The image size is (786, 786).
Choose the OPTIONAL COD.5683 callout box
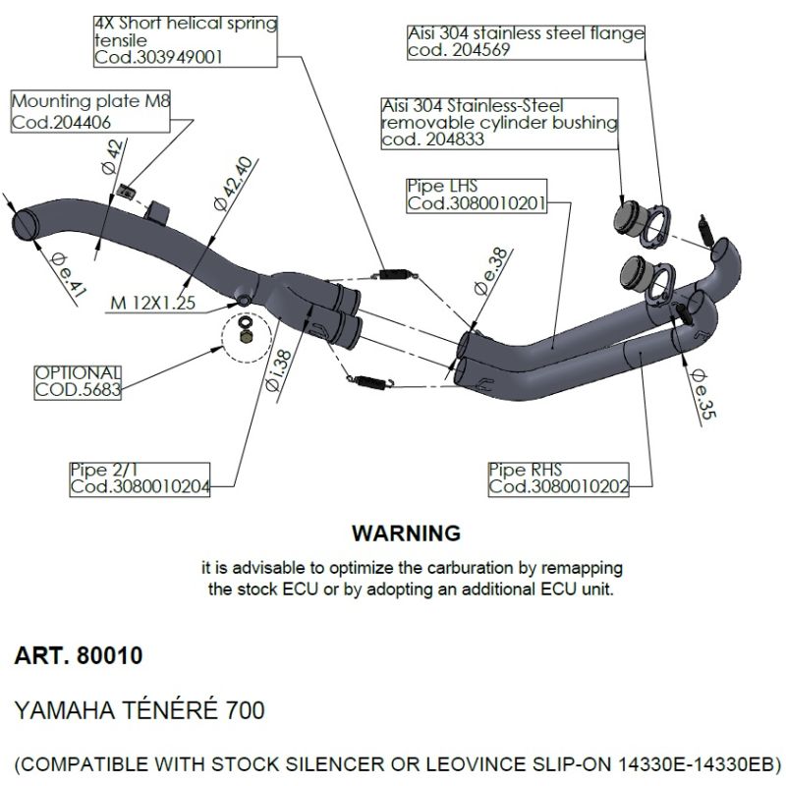tap(78, 381)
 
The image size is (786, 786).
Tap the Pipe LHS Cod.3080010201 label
tap(476, 196)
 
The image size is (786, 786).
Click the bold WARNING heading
tap(405, 533)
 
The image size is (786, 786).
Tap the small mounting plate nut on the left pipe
tap(123, 189)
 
